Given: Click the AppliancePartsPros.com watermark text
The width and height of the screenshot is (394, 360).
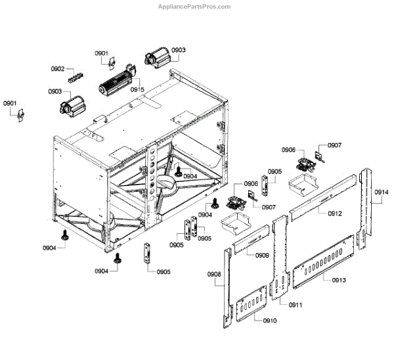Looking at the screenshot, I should coord(194,7).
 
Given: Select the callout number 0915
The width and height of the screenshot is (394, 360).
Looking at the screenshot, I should coord(137,89).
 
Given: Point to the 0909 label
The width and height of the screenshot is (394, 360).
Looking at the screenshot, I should coord(262,255).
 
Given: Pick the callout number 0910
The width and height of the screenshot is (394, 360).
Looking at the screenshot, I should coord(270,320).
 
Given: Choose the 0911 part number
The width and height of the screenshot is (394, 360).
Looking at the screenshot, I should coord(295,305).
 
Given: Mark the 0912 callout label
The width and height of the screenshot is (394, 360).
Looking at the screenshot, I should coord(335,214).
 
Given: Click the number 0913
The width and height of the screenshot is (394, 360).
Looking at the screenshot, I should coord(339,280).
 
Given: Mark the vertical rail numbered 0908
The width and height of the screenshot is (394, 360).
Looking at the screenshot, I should coord(227,289).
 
